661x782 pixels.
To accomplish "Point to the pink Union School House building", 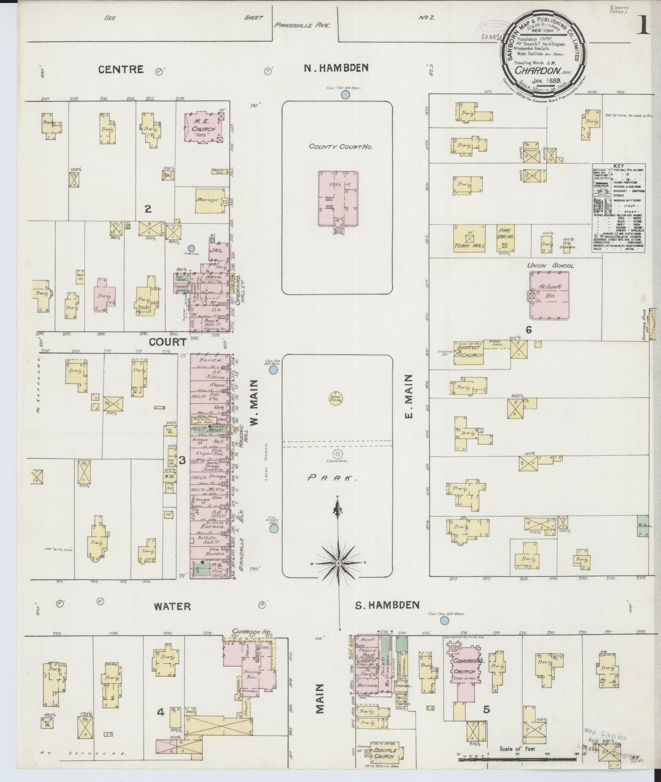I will click(550, 295).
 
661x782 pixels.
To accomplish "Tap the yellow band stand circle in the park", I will click(337, 398).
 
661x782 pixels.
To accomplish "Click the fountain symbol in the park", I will click(338, 454).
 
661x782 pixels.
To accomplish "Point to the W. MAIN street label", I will click(255, 402).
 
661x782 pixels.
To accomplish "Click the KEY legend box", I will click(618, 207).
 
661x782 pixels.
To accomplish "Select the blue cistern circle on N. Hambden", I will click(346, 95).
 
